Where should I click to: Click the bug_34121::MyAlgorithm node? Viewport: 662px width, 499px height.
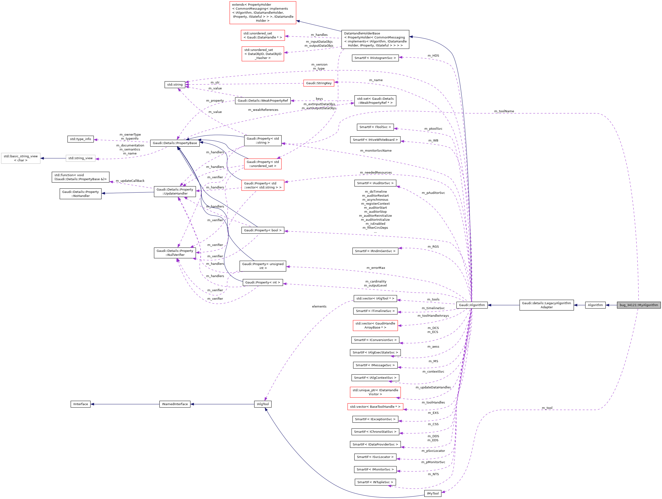coord(638,305)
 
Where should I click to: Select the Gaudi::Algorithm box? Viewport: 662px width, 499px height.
coord(472,305)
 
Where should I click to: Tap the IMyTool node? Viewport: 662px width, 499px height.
coord(432,493)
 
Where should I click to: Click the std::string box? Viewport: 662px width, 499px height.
coord(175,85)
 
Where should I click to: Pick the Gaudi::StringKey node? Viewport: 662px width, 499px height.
coord(319,83)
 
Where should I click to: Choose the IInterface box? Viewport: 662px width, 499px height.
coord(80,404)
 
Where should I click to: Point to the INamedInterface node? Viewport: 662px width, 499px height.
coord(175,404)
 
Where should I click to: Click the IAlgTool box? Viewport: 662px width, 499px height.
coord(263,404)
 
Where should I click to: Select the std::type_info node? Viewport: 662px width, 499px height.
coord(80,139)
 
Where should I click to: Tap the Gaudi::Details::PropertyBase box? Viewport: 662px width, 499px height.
coord(175,143)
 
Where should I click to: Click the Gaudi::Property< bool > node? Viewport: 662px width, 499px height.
coord(263,230)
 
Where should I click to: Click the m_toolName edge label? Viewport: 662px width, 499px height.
coord(504,111)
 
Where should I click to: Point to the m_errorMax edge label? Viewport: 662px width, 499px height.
coord(376,268)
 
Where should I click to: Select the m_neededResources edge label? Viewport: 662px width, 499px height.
coord(376,173)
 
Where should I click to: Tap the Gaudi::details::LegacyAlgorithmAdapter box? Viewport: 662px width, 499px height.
coord(546,305)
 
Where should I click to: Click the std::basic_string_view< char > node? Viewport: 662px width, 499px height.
coord(21,158)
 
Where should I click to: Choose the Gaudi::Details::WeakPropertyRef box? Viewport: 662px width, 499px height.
coord(263,101)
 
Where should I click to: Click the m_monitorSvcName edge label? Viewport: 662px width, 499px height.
coord(376,151)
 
